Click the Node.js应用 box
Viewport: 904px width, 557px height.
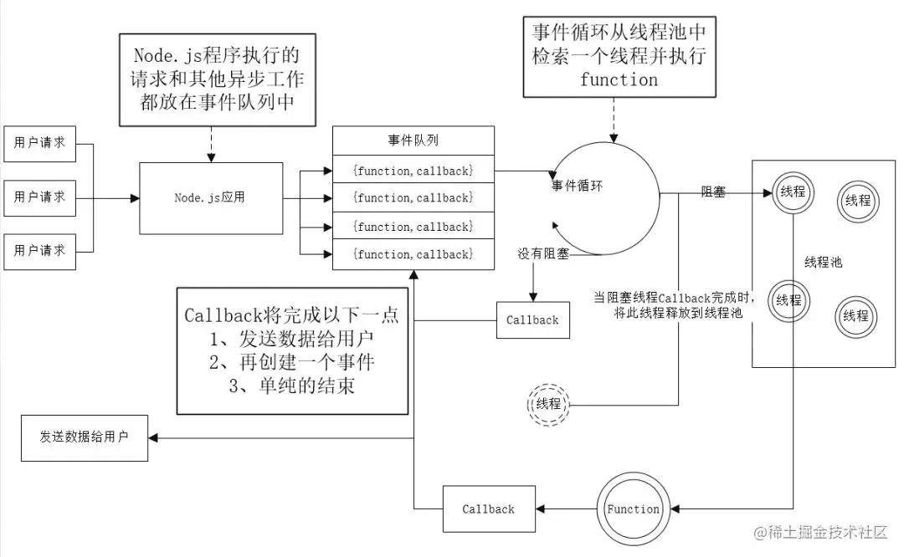(211, 198)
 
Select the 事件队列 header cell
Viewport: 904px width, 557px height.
(413, 141)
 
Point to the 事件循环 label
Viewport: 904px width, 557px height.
(577, 186)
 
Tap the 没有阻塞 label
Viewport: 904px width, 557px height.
(543, 253)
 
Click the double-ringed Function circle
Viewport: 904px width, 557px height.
(633, 509)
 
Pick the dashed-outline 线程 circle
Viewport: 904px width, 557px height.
(548, 404)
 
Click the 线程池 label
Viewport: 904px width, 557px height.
(824, 263)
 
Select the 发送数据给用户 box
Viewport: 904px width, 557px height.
(85, 437)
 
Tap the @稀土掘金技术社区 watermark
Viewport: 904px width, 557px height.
(820, 532)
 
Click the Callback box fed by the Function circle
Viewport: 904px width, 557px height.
(489, 509)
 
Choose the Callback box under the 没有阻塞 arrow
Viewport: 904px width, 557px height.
(532, 320)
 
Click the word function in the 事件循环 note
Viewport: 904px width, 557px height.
(619, 79)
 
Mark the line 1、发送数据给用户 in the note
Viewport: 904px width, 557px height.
(292, 339)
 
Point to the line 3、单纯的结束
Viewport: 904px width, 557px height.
(292, 386)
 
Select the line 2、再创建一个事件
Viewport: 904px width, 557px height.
(292, 362)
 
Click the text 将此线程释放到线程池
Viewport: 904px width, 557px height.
(678, 313)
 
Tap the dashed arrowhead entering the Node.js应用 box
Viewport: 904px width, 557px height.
(211, 158)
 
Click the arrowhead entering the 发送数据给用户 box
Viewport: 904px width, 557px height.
(153, 437)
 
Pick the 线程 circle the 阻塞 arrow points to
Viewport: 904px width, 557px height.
(793, 192)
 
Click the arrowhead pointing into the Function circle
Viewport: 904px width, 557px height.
(675, 509)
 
